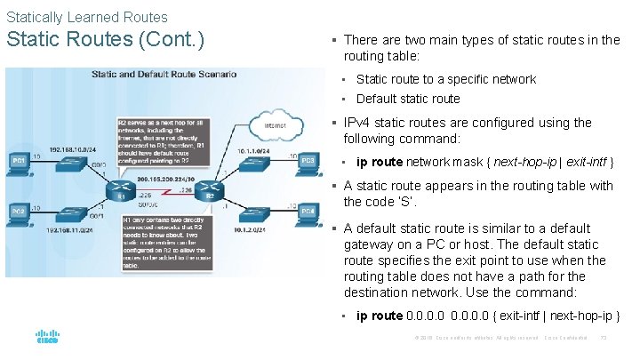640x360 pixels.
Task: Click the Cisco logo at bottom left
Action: pyautogui.click(x=47, y=338)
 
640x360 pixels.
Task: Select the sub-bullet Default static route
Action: pyautogui.click(x=408, y=99)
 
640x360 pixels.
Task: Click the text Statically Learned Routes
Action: pyautogui.click(x=86, y=16)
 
